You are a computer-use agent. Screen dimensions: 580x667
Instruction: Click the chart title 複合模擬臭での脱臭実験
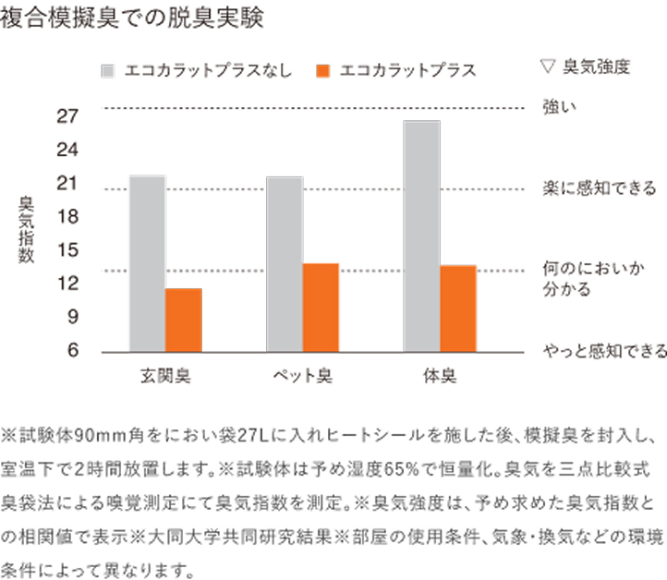click(133, 19)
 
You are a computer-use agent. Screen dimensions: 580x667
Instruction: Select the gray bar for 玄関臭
click(148, 263)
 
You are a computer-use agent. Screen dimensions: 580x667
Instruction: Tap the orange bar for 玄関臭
click(183, 320)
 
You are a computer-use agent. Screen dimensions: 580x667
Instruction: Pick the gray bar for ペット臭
click(284, 264)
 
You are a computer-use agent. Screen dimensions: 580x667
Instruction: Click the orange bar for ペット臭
click(320, 308)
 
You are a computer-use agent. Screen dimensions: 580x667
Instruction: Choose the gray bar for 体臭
click(421, 236)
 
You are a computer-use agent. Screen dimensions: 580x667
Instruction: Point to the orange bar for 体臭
click(457, 308)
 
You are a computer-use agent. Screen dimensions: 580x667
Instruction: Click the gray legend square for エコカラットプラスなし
click(108, 70)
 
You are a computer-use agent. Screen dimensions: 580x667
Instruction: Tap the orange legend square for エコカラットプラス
click(321, 70)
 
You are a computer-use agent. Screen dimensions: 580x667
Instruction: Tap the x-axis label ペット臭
click(303, 377)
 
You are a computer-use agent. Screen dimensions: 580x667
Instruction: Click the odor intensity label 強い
click(560, 107)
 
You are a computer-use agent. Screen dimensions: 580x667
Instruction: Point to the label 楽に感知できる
click(600, 189)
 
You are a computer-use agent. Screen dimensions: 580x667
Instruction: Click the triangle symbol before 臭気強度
click(547, 66)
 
